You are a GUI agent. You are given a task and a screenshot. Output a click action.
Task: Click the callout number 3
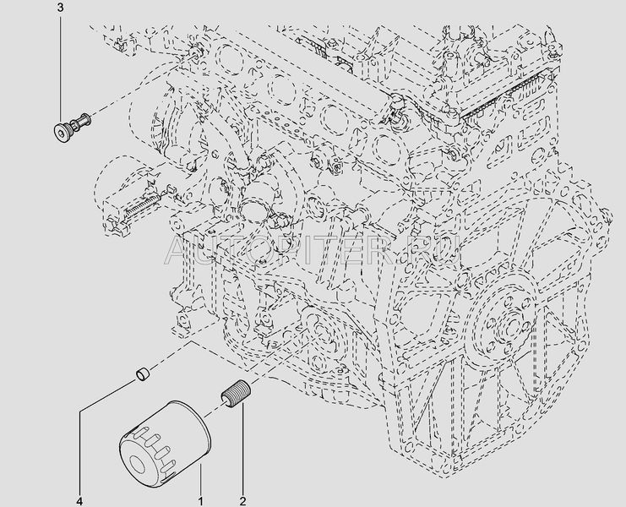click(60, 8)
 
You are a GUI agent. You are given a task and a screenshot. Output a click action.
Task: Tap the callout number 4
click(80, 500)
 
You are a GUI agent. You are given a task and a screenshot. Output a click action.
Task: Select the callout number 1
click(201, 500)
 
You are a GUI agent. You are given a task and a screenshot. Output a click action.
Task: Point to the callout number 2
click(242, 500)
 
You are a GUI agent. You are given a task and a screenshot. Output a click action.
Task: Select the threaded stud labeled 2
click(235, 395)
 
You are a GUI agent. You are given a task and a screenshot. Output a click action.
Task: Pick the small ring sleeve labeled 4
click(143, 373)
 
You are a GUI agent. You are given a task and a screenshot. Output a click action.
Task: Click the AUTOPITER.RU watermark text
click(313, 250)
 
